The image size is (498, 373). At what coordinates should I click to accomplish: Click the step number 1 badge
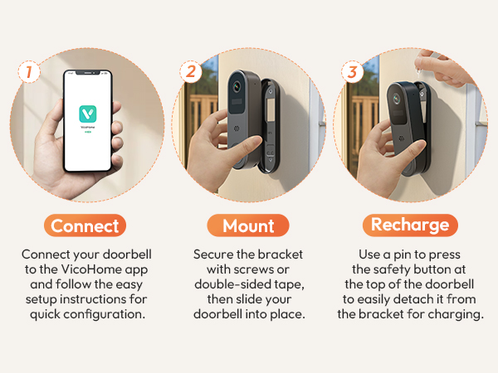tap(29, 72)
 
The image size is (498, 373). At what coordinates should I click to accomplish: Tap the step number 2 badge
tap(191, 72)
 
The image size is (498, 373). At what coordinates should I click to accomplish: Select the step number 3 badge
tap(353, 72)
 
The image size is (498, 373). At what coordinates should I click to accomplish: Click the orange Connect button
tap(85, 225)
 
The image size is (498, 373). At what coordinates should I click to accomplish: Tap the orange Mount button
tap(248, 225)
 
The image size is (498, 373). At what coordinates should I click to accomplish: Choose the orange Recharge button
tap(410, 225)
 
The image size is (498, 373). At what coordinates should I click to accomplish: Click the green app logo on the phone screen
tap(87, 114)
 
